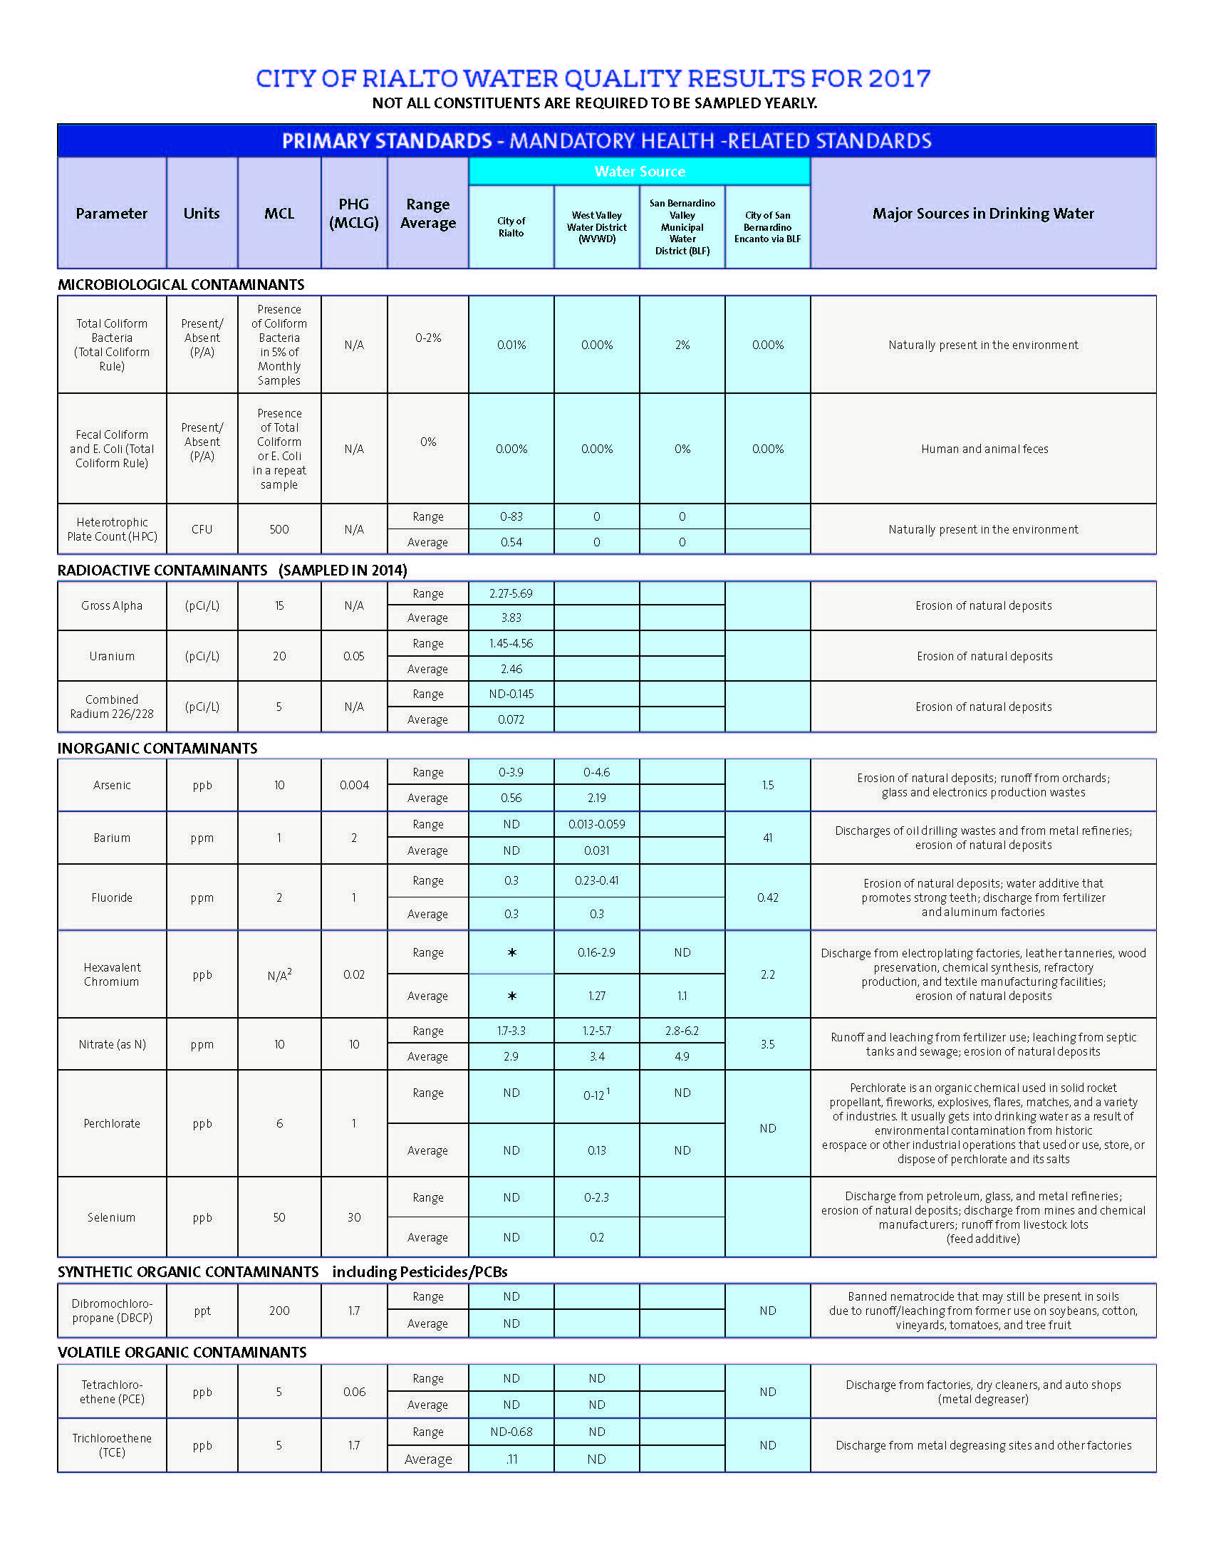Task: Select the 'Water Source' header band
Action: tap(639, 172)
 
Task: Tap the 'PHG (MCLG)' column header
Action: tap(354, 213)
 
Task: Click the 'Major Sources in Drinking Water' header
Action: tap(983, 213)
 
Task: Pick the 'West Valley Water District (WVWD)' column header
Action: tap(596, 227)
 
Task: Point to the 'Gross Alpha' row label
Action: tap(112, 605)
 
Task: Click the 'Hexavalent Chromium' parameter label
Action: tap(112, 974)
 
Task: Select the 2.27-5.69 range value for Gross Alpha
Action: tap(511, 593)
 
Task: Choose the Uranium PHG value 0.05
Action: tap(354, 656)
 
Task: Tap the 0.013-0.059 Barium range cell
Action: tap(596, 824)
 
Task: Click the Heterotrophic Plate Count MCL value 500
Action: tap(279, 529)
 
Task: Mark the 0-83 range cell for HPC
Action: tap(511, 516)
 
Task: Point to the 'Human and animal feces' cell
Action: tap(984, 449)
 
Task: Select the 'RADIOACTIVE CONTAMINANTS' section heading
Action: tap(162, 571)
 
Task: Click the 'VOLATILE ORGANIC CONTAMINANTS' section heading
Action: tap(182, 1353)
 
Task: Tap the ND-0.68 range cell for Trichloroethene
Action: tap(511, 1432)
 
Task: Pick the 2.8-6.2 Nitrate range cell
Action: tap(682, 1031)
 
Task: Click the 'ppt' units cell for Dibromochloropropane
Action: tap(202, 1311)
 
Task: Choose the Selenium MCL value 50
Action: tap(279, 1217)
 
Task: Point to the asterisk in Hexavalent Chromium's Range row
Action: tap(511, 953)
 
